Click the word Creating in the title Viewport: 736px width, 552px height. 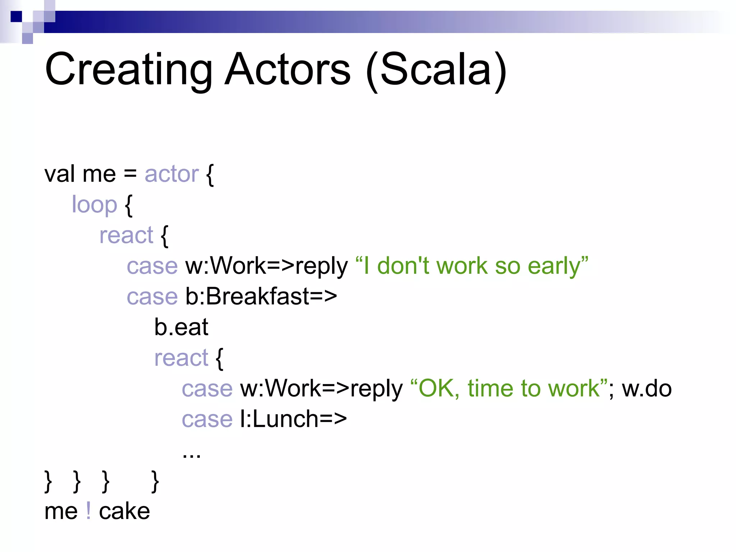(x=129, y=69)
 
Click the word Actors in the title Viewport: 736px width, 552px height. (x=287, y=69)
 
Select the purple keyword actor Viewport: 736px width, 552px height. (x=171, y=174)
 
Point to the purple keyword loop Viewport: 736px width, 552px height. (x=95, y=205)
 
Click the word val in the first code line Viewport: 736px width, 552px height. (x=60, y=174)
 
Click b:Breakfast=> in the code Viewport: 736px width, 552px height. (x=261, y=297)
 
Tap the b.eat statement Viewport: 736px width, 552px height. (x=181, y=327)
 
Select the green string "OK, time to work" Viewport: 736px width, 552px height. (x=509, y=389)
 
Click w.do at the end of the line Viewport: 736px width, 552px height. (x=647, y=389)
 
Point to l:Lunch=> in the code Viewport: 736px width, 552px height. (x=293, y=419)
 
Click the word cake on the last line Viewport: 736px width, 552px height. (x=124, y=511)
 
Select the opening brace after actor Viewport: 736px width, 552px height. (x=210, y=175)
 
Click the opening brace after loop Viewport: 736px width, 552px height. (x=129, y=206)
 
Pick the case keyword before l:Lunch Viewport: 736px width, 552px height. (x=207, y=419)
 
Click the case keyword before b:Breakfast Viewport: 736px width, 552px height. (x=152, y=297)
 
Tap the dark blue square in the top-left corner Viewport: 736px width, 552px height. (x=16, y=17)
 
